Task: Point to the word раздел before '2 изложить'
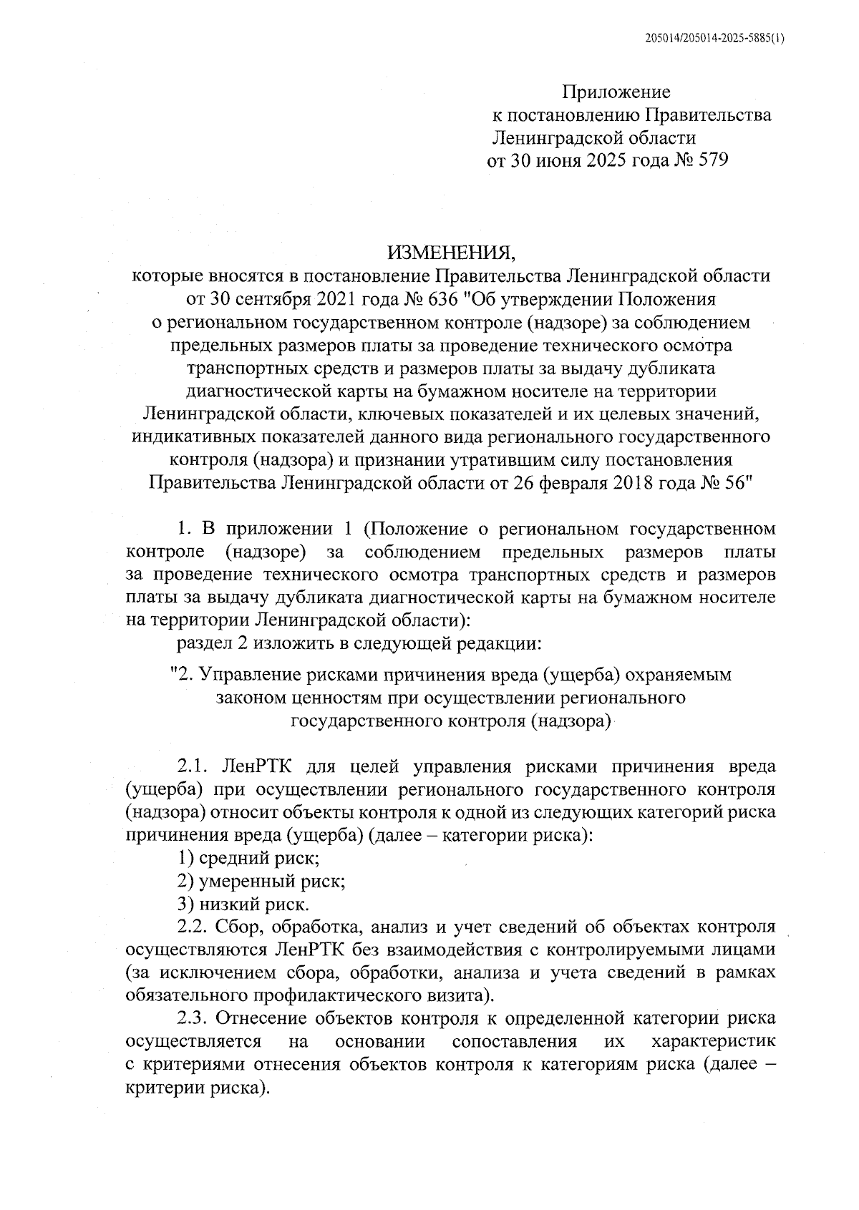(203, 643)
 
